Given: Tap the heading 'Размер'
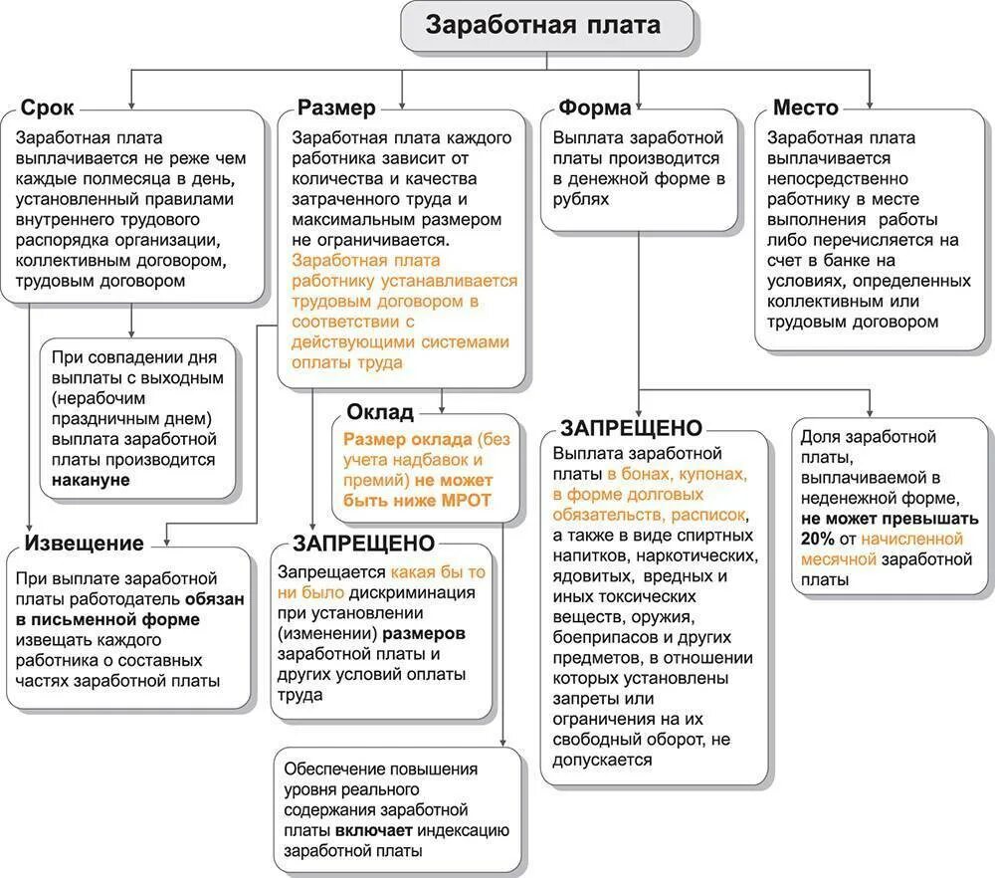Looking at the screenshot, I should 336,109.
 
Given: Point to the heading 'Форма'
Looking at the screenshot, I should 595,109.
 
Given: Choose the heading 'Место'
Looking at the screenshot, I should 806,109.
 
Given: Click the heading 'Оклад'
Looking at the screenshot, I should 379,411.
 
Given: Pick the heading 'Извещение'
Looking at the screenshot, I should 84,543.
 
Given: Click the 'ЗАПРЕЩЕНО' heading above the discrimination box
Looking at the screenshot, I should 363,543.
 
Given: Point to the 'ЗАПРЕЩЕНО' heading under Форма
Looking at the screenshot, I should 632,428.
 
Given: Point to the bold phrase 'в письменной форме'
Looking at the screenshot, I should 107,619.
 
